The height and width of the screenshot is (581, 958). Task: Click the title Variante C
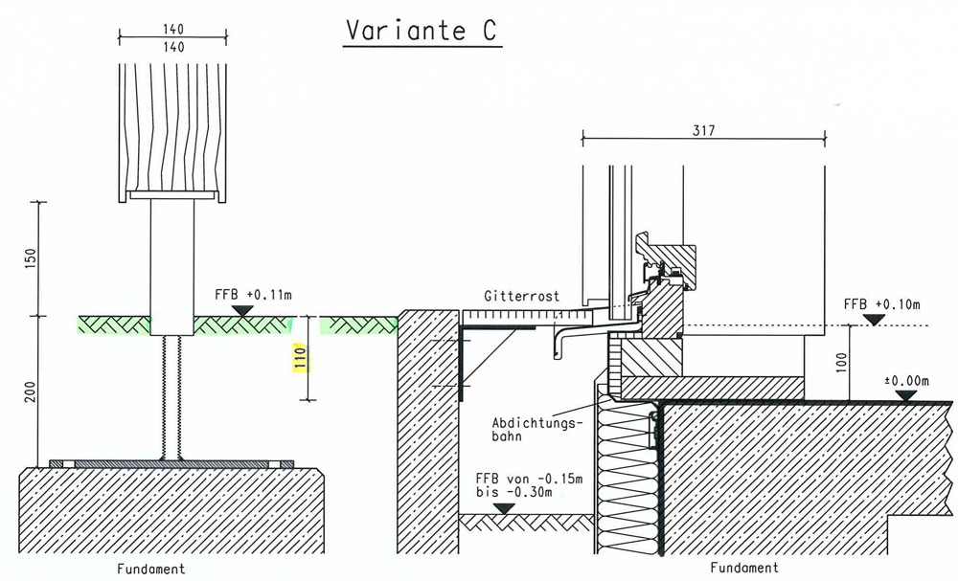point(421,31)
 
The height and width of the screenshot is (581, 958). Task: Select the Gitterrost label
point(520,297)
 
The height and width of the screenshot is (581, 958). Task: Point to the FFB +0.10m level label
point(880,304)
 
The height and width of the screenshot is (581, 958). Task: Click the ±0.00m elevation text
point(911,381)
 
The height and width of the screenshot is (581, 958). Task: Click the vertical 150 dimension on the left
point(28,258)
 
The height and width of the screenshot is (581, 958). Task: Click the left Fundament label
point(151,569)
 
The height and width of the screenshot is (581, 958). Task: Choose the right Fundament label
point(746,568)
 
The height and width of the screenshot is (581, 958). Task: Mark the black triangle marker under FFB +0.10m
point(873,319)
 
